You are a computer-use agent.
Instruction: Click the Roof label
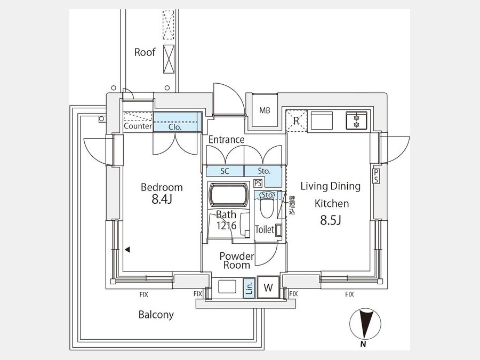pos(145,52)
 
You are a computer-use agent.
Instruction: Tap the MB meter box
pos(265,111)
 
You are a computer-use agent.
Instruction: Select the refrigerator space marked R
pos(297,121)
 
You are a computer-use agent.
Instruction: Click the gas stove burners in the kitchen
pos(355,120)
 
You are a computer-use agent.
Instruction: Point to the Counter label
pos(138,127)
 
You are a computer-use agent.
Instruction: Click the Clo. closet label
pos(175,127)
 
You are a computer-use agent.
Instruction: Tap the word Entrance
pos(226,140)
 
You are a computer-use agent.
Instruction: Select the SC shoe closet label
pos(225,171)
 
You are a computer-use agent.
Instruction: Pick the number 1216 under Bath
pos(226,226)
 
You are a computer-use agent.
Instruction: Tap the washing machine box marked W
pos(268,287)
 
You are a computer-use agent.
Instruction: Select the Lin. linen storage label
pos(249,288)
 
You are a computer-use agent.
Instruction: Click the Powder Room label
pos(236,260)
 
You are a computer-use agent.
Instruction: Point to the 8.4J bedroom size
pos(162,200)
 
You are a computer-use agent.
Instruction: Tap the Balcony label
pos(156,315)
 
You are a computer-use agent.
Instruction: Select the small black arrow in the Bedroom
pos(127,249)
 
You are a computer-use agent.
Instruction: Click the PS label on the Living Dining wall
pos(376,175)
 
